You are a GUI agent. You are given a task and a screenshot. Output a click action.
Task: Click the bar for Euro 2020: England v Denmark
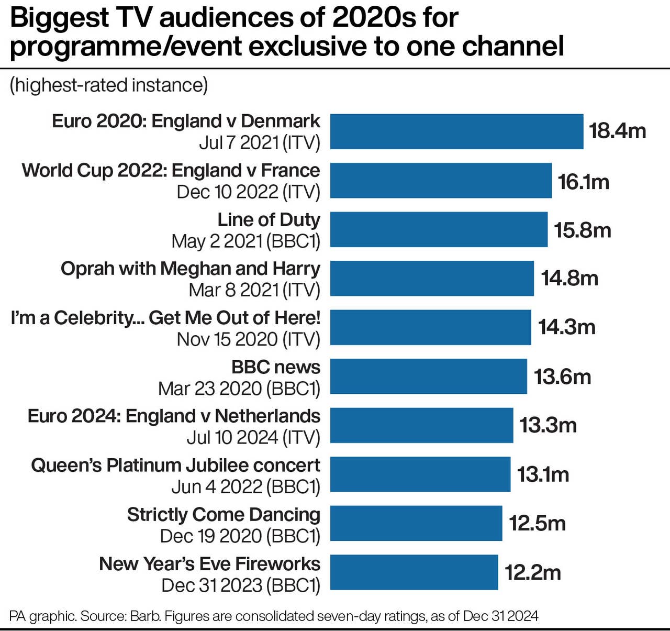click(x=456, y=131)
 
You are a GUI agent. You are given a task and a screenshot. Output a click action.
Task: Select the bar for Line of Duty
click(x=439, y=229)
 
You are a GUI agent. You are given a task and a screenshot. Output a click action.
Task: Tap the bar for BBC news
click(x=428, y=376)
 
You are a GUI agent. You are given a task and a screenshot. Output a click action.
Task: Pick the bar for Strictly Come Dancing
click(x=416, y=523)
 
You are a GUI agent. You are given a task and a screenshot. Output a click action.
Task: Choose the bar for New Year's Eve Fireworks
click(x=414, y=572)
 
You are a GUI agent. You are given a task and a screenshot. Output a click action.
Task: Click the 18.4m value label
click(x=617, y=131)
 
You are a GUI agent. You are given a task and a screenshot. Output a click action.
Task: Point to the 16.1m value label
click(x=583, y=182)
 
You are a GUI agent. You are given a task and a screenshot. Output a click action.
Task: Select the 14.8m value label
click(x=569, y=278)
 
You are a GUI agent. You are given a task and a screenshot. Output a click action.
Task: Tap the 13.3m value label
click(x=548, y=425)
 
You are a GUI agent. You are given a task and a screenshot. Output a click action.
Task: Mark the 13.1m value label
click(x=543, y=474)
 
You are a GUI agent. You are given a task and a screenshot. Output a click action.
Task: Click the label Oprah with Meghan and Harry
click(x=190, y=269)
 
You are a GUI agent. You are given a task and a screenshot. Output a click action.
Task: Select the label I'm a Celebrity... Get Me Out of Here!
click(x=165, y=318)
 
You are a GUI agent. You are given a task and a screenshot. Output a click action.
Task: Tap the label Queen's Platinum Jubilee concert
click(x=175, y=466)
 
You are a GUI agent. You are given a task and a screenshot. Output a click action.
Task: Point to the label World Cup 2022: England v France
click(x=171, y=171)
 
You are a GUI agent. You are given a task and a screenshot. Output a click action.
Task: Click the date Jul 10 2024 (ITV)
click(x=253, y=437)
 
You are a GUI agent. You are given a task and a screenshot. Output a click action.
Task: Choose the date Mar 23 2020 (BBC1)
click(x=239, y=389)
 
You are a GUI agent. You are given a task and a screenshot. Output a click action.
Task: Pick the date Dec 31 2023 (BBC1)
click(x=240, y=585)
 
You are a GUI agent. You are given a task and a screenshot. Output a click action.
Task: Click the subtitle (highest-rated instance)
click(x=108, y=85)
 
